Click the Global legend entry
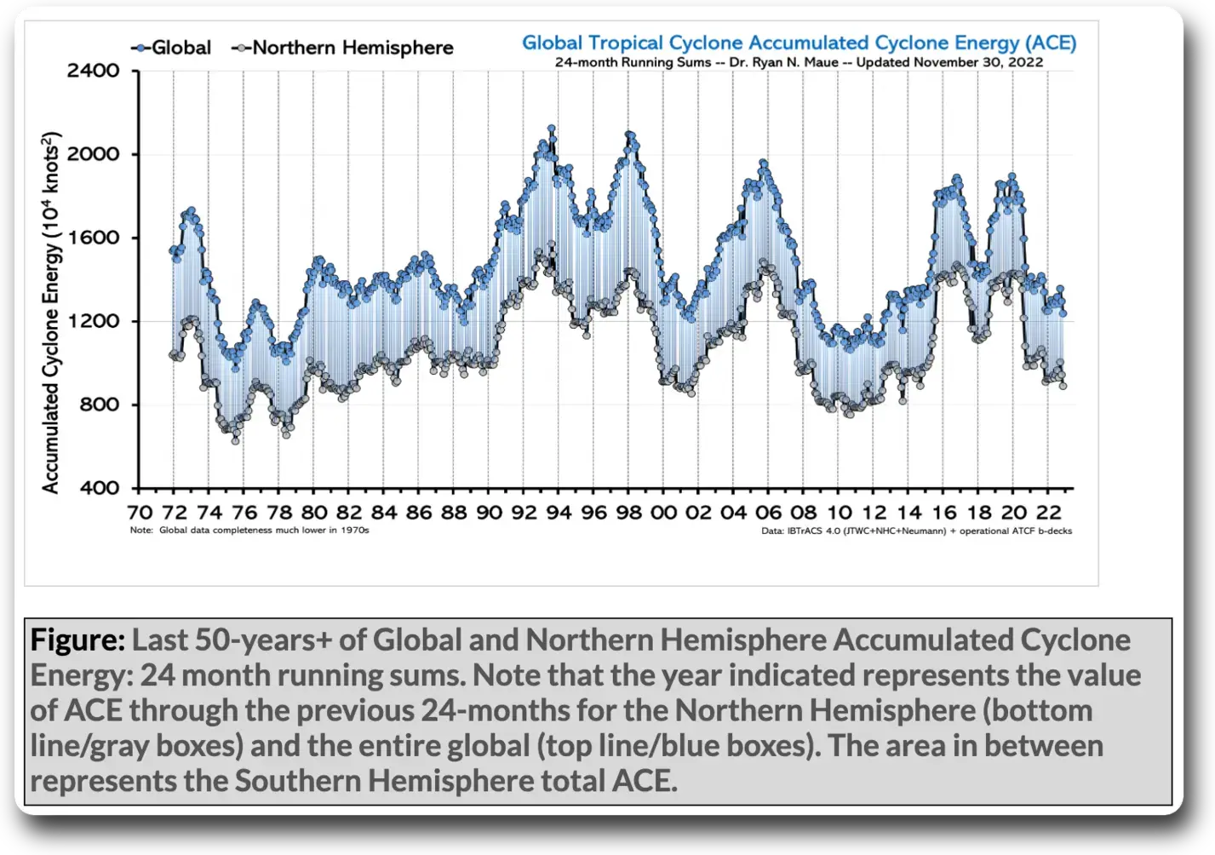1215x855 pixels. tap(172, 48)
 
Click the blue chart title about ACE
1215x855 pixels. tap(799, 43)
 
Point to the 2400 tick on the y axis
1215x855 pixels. tap(94, 71)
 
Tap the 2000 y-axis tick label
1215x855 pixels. tap(94, 154)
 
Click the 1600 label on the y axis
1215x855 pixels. tap(94, 238)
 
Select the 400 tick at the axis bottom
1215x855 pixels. tap(100, 488)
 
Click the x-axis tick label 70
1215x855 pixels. tap(139, 512)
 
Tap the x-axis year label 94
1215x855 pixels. tap(558, 512)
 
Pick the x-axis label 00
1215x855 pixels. tap(662, 512)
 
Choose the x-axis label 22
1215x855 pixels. tap(1047, 512)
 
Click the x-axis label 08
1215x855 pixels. tap(802, 512)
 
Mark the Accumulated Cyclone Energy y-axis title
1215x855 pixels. tap(51, 313)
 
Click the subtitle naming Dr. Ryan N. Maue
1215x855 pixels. tap(799, 62)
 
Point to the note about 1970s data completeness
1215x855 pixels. tap(249, 531)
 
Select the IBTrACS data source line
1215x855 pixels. tap(916, 531)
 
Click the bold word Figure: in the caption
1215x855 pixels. tap(77, 640)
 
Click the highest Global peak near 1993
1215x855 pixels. tap(552, 129)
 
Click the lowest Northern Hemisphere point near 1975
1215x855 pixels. tap(236, 440)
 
